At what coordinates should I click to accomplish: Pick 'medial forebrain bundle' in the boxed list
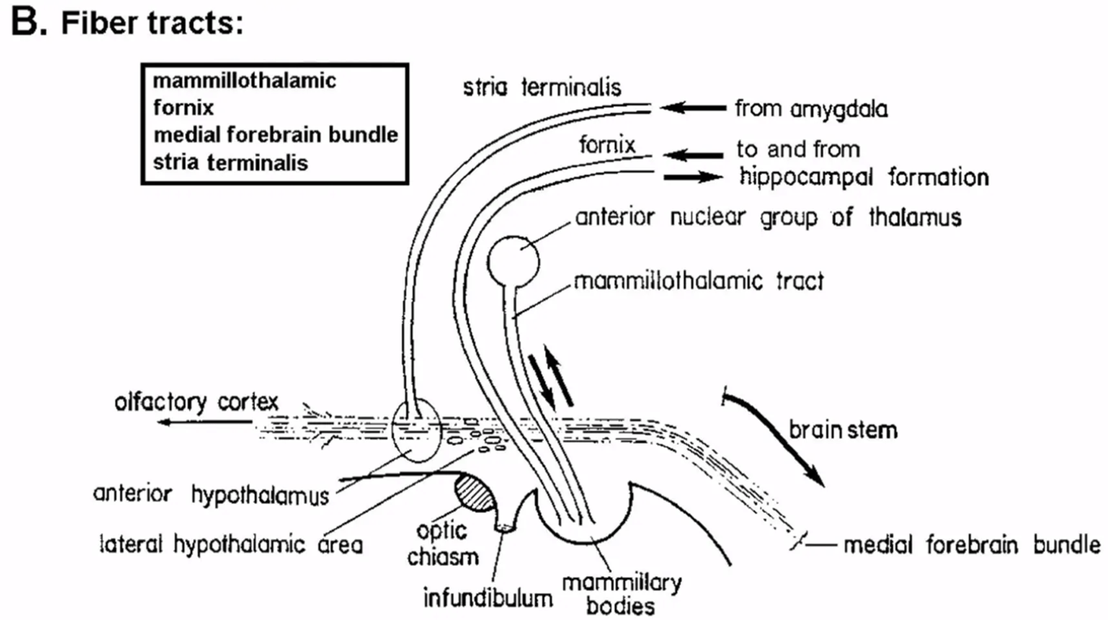(275, 135)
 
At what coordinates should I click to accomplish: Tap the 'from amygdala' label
(810, 108)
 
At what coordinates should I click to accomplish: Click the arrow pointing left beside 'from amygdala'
(693, 107)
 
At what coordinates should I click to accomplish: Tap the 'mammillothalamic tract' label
(698, 282)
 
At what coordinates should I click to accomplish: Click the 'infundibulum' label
(488, 600)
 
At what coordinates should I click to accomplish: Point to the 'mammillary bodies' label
(621, 593)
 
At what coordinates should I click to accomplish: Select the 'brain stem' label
(843, 429)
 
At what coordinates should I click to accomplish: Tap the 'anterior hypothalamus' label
(211, 494)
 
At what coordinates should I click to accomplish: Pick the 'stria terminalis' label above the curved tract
(543, 86)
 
